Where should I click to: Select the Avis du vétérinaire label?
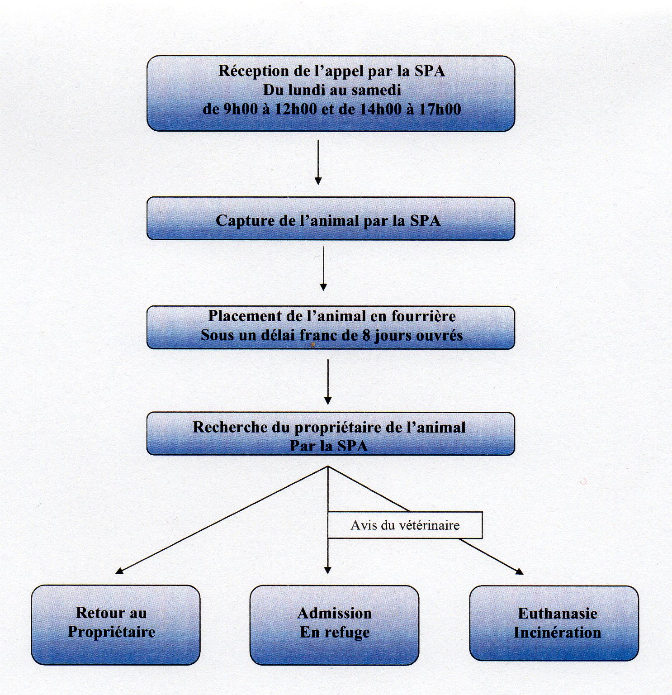[405, 525]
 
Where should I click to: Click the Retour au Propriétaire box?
[115, 625]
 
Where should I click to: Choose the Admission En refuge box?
[334, 625]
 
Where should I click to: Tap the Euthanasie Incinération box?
[554, 623]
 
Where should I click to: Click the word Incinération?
[557, 633]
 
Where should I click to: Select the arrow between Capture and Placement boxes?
[323, 268]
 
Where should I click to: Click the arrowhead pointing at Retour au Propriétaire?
[120, 571]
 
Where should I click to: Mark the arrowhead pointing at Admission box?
[328, 570]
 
